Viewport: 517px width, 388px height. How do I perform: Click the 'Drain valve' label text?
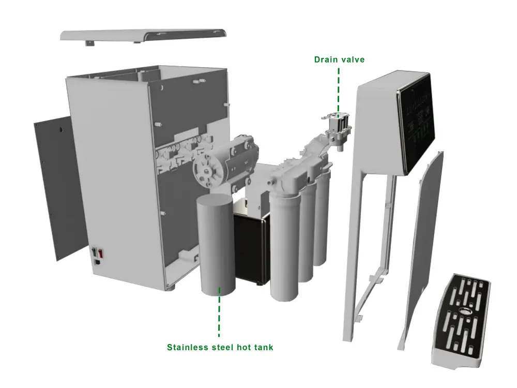coord(339,59)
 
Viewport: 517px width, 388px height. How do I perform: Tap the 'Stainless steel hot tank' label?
coord(220,348)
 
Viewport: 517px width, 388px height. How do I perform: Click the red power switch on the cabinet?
coord(100,253)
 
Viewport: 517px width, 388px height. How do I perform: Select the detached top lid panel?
coord(143,35)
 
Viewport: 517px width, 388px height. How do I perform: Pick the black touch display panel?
coord(416,124)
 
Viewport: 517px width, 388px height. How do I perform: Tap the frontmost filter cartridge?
coord(283,244)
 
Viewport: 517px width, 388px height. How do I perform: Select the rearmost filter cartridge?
coord(322,218)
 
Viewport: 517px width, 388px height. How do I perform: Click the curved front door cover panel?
coord(421,251)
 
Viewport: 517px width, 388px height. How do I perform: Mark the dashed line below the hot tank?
coord(219,312)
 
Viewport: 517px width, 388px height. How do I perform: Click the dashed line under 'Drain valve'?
coord(339,93)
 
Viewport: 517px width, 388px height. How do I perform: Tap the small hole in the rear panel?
coord(61,130)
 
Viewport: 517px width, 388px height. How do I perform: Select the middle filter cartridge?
coord(306,231)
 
